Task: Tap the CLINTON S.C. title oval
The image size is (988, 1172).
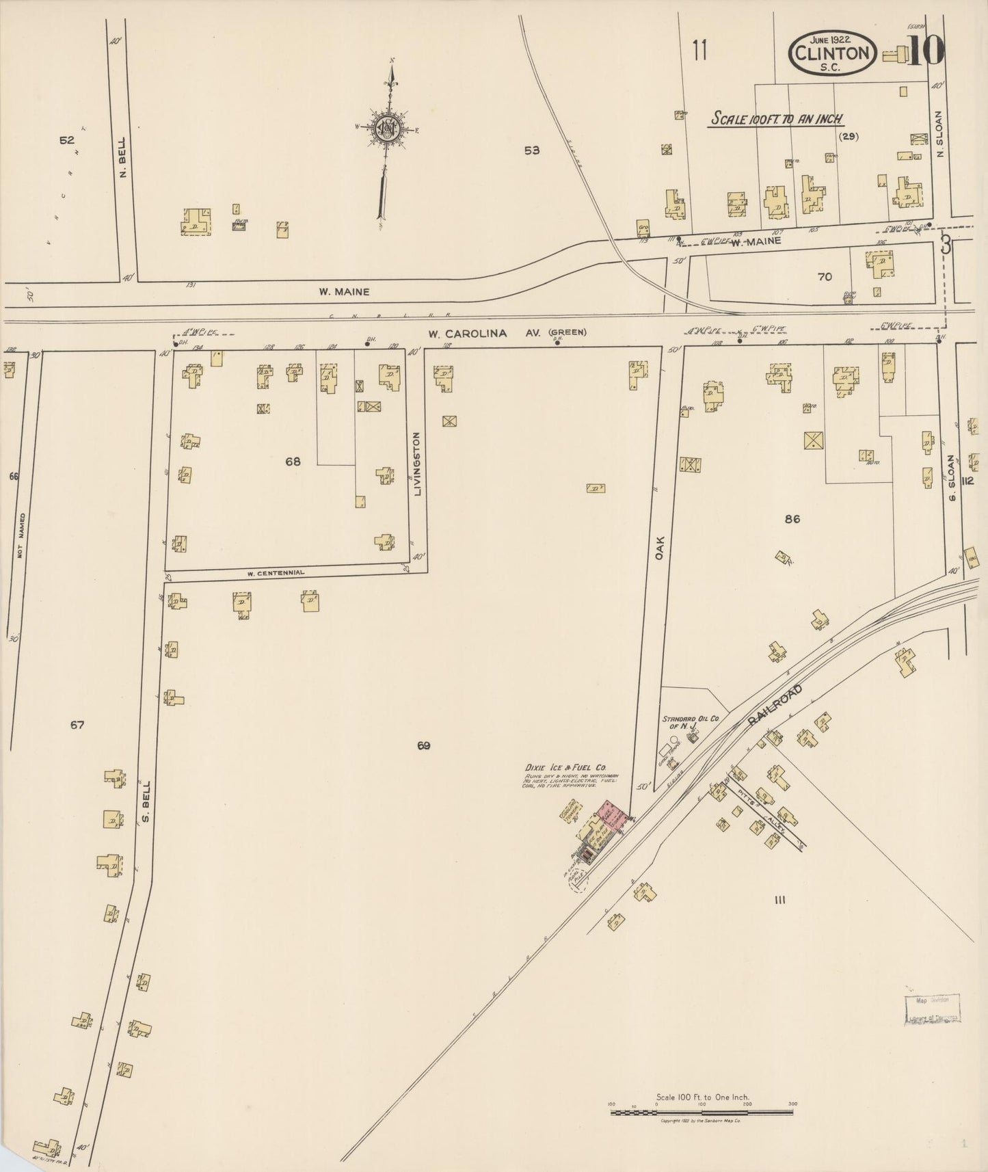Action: pos(833,53)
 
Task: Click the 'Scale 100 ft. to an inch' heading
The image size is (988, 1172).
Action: pos(777,118)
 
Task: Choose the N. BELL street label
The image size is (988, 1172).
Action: pos(124,165)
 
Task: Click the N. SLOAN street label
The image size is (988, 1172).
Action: pos(939,135)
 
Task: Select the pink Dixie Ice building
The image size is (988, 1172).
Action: pos(613,817)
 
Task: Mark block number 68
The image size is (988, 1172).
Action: pos(293,462)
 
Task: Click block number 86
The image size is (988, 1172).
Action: pos(792,519)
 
